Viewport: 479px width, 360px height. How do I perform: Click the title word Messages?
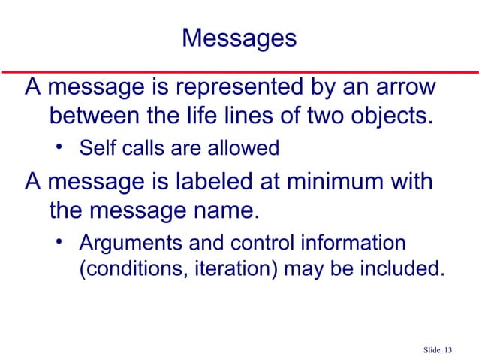239,38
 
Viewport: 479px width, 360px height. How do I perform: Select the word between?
96,117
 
